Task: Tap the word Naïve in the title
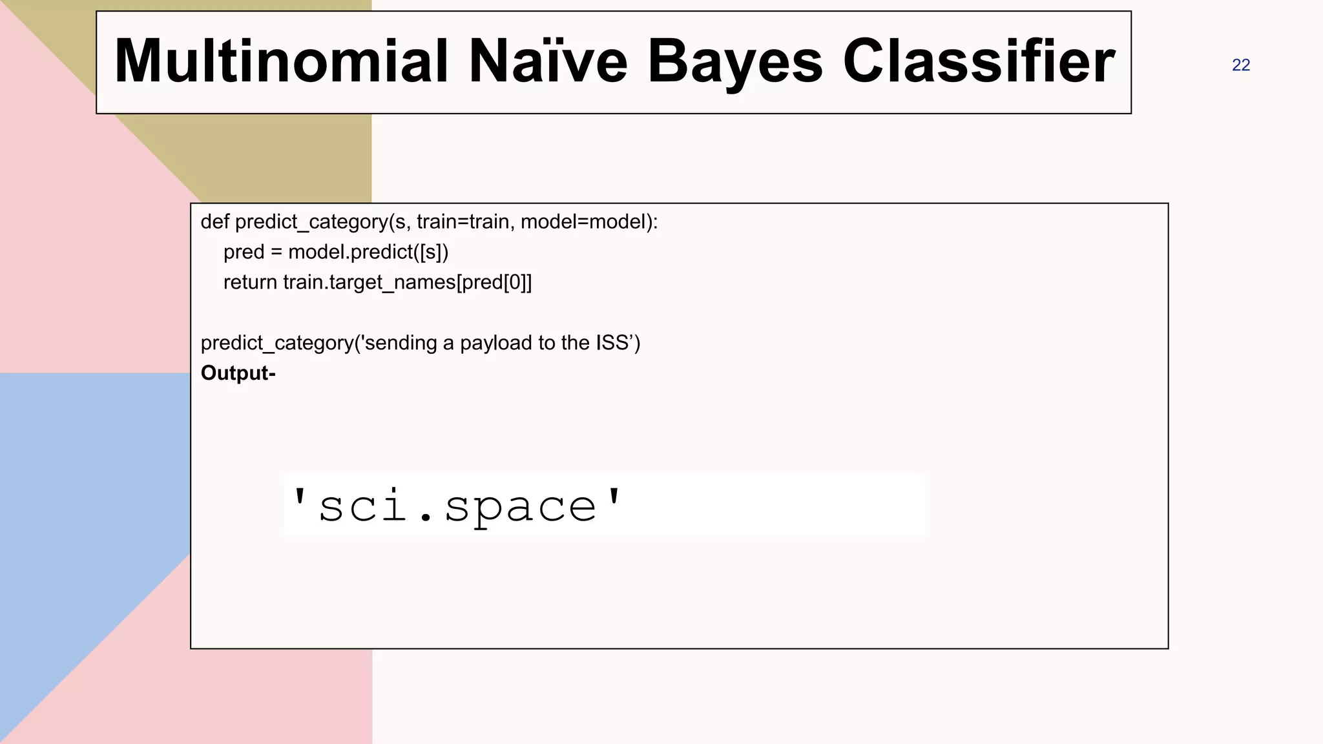click(548, 61)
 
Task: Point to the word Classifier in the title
click(979, 61)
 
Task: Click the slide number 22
click(1240, 65)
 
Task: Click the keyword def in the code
click(214, 222)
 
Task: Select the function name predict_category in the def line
click(311, 222)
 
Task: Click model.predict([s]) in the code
click(368, 252)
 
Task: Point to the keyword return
click(250, 282)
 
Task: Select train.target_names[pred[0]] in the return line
click(408, 283)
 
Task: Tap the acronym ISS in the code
click(612, 342)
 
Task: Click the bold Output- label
click(238, 373)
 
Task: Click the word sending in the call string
click(401, 343)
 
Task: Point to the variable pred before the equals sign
click(244, 253)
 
